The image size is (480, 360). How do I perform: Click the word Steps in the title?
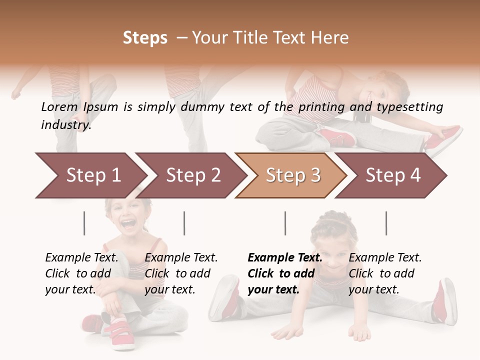pyautogui.click(x=145, y=38)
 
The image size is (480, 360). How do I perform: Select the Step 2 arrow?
pyautogui.click(x=192, y=175)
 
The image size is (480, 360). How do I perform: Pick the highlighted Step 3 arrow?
pyautogui.click(x=292, y=175)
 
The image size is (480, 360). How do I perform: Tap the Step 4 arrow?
pyautogui.click(x=392, y=175)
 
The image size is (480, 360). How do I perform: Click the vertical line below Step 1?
pyautogui.click(x=84, y=223)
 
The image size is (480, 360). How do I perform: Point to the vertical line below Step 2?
pyautogui.click(x=184, y=223)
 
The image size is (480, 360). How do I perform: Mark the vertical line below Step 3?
pyautogui.click(x=285, y=223)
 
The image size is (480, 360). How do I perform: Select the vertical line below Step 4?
pyautogui.click(x=386, y=223)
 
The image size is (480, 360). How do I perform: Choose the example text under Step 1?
pyautogui.click(x=81, y=273)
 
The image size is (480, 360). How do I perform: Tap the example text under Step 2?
pyautogui.click(x=181, y=273)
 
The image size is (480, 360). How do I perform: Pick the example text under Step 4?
pyautogui.click(x=385, y=273)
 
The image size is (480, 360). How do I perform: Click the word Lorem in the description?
pyautogui.click(x=59, y=106)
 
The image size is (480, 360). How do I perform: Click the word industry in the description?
pyautogui.click(x=66, y=124)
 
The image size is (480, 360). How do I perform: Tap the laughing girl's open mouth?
pyautogui.click(x=128, y=223)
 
